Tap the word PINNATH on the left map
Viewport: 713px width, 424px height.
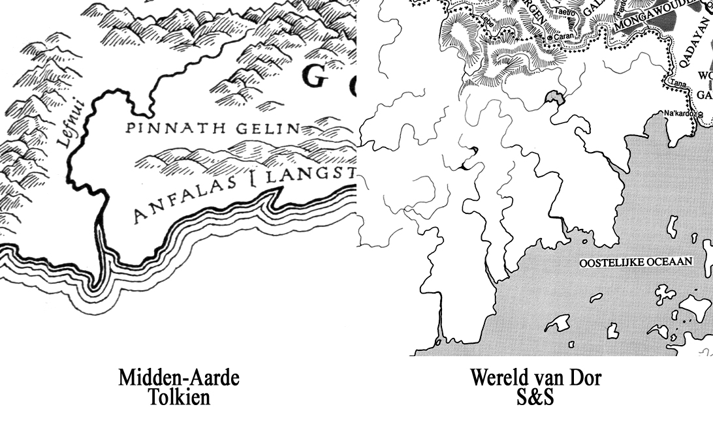165,128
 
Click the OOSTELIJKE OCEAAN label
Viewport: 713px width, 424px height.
636,262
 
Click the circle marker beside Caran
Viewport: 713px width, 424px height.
550,38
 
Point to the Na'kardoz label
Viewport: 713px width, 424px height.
678,113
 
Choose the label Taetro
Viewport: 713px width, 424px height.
563,12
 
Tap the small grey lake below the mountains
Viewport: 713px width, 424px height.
554,98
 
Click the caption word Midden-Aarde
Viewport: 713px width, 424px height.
178,378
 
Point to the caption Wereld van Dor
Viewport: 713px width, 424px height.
535,378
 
